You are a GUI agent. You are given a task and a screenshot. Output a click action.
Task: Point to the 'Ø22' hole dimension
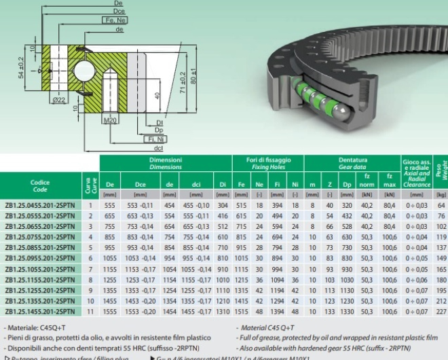[x=59, y=100]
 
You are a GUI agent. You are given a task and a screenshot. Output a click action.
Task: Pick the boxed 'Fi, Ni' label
[x=155, y=139]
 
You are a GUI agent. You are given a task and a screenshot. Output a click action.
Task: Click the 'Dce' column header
[x=141, y=184]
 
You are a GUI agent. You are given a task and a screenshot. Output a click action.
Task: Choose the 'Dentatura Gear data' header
[x=353, y=164]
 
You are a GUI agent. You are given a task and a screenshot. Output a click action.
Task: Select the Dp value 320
[x=347, y=204]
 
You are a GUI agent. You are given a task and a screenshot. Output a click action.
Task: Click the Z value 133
[x=330, y=310]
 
